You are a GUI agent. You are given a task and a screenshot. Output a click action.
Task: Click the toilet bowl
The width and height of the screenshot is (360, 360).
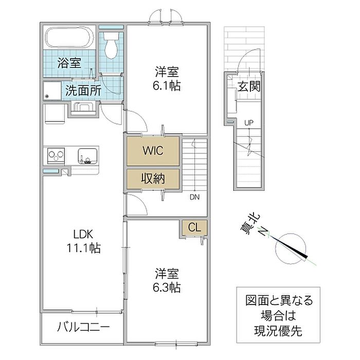(111, 45)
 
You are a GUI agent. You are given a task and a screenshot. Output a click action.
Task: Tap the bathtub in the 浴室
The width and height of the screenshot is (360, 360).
(69, 38)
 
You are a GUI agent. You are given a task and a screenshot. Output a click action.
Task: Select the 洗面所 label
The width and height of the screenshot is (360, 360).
(83, 91)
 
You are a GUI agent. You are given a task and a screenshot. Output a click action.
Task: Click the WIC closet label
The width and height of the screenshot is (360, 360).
(153, 151)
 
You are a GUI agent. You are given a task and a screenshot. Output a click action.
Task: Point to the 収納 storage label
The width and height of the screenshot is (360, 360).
(153, 178)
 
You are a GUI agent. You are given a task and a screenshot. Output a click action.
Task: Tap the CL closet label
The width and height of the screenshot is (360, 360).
(194, 227)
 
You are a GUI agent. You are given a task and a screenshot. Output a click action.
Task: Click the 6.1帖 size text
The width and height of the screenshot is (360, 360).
(167, 86)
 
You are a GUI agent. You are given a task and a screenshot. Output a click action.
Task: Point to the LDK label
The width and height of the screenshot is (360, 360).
(83, 235)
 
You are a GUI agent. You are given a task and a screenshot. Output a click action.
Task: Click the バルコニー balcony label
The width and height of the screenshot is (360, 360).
(83, 327)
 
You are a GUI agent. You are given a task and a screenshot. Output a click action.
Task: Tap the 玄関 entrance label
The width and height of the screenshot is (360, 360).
(249, 86)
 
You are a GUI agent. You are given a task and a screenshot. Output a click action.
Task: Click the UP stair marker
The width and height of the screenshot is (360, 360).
(249, 123)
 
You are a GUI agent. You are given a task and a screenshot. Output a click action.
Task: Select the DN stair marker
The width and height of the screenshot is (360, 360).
(195, 197)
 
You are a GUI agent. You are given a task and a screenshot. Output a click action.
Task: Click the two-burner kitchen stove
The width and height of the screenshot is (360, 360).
(56, 156)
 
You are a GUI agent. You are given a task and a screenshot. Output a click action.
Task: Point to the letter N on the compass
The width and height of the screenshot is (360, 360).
(262, 231)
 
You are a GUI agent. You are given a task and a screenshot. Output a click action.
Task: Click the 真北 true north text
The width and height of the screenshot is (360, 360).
(250, 224)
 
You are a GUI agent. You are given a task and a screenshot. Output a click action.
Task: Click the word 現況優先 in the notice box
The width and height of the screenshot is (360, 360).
(278, 331)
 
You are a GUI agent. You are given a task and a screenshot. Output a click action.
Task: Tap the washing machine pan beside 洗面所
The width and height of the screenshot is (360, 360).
(52, 91)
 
